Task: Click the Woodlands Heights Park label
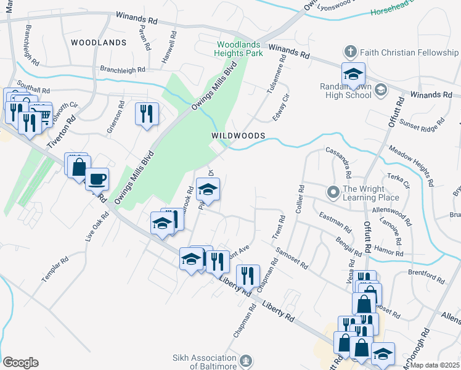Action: pos(240,49)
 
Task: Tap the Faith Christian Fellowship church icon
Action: pos(351,52)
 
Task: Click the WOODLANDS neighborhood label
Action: pos(99,43)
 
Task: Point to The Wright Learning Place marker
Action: pos(333,193)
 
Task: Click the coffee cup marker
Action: pos(97,179)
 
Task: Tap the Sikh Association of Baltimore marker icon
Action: pos(246,361)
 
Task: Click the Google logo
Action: pos(20,363)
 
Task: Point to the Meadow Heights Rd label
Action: pos(411,166)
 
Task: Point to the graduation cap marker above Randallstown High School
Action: pos(354,75)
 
